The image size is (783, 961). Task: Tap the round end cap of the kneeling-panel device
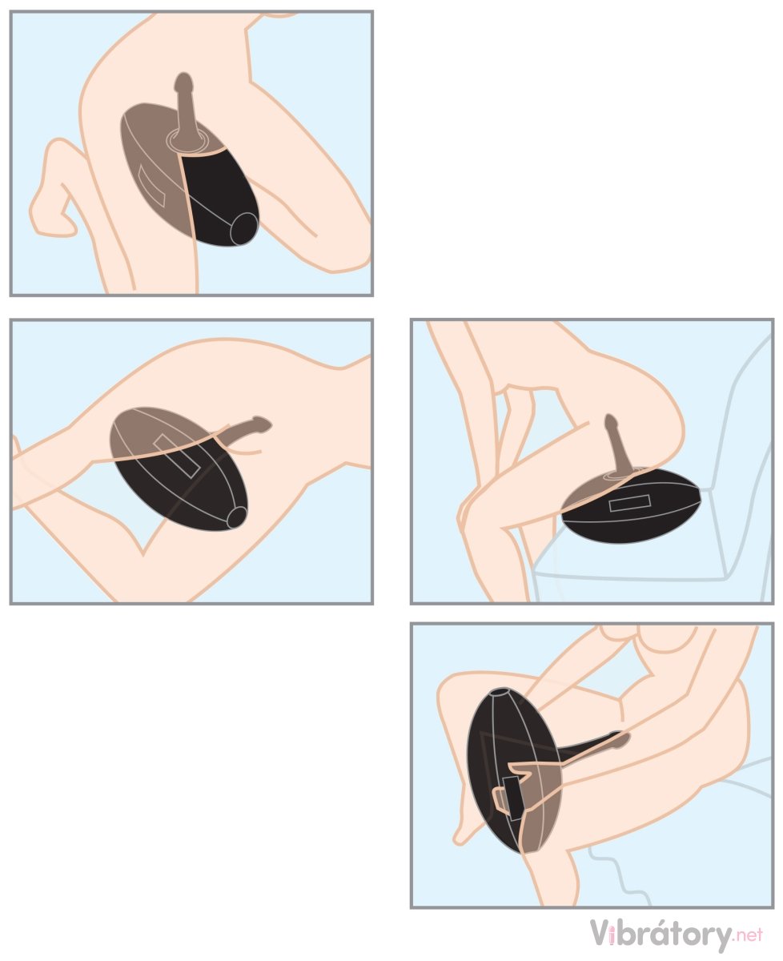(244, 228)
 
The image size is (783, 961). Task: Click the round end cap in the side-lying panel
(236, 517)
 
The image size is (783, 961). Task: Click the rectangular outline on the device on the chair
(629, 503)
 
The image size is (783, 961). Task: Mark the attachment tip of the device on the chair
(610, 419)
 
